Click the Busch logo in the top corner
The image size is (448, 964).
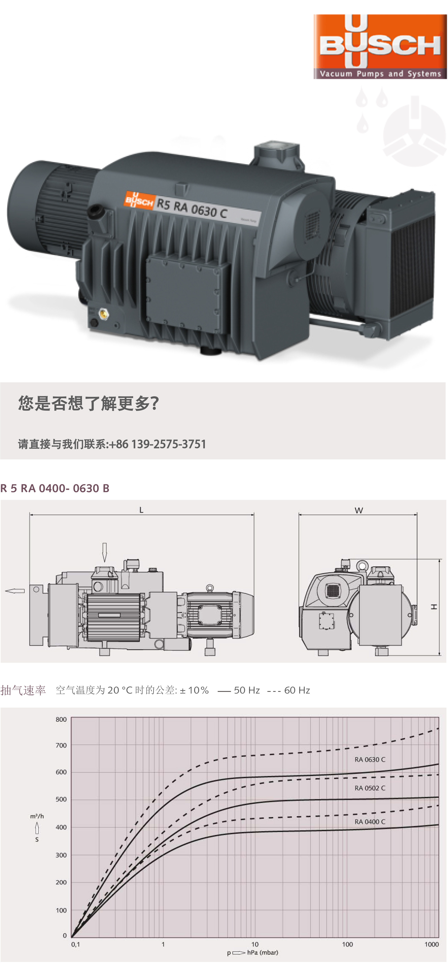tap(380, 47)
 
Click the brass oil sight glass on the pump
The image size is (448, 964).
tap(102, 314)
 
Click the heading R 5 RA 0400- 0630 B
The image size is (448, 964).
tap(55, 488)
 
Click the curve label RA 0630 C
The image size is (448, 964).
tap(369, 759)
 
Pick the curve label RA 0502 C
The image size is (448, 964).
tap(369, 788)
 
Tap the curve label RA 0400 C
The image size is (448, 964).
tap(369, 821)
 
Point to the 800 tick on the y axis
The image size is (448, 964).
tap(61, 719)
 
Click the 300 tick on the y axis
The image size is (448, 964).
tap(61, 855)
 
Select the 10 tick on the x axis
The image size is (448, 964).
tap(255, 944)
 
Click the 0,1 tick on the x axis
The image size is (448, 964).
tap(76, 944)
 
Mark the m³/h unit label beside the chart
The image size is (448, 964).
tap(37, 816)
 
